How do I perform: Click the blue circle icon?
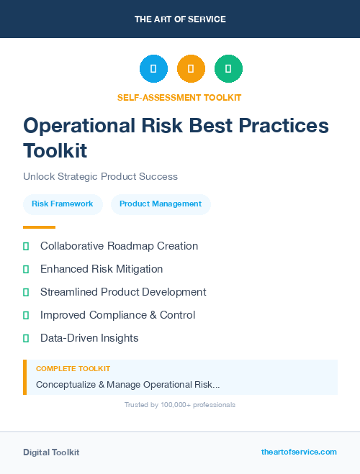[153, 69]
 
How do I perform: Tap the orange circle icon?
[191, 69]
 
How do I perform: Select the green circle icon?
[228, 69]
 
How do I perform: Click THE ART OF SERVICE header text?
[180, 19]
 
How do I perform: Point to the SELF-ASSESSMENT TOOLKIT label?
[179, 97]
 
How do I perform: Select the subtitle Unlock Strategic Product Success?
[100, 176]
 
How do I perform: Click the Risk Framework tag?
[63, 204]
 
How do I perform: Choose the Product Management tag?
[161, 204]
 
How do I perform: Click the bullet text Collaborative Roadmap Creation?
[119, 246]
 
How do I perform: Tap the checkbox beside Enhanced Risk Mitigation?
[26, 269]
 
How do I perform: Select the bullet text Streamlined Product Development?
[123, 292]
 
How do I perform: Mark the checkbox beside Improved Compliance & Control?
[26, 315]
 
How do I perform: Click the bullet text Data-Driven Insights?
[89, 338]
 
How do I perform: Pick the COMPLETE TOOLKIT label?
[73, 369]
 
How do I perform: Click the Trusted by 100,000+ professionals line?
[180, 405]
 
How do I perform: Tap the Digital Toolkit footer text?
[51, 452]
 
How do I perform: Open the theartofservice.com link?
[299, 452]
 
